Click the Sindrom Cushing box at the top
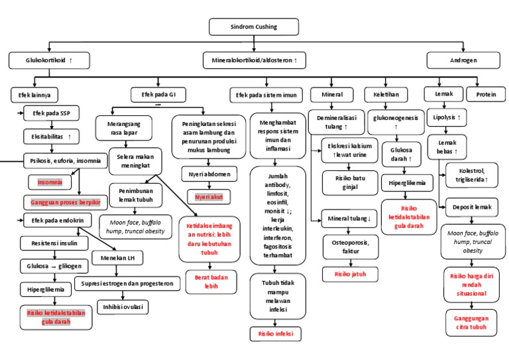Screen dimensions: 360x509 coord(254,27)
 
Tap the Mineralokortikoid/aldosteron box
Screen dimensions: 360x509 coord(254,61)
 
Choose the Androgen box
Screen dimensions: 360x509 coord(463,61)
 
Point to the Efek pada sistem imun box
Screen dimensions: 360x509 coord(266,95)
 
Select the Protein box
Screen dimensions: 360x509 coord(485,94)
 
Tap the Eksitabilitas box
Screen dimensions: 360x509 coord(51,137)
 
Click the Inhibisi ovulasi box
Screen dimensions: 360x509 coord(122,307)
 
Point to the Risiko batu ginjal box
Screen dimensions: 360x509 coord(350,182)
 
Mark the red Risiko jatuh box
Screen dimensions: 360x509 coord(350,273)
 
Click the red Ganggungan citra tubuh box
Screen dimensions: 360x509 coord(471,322)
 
